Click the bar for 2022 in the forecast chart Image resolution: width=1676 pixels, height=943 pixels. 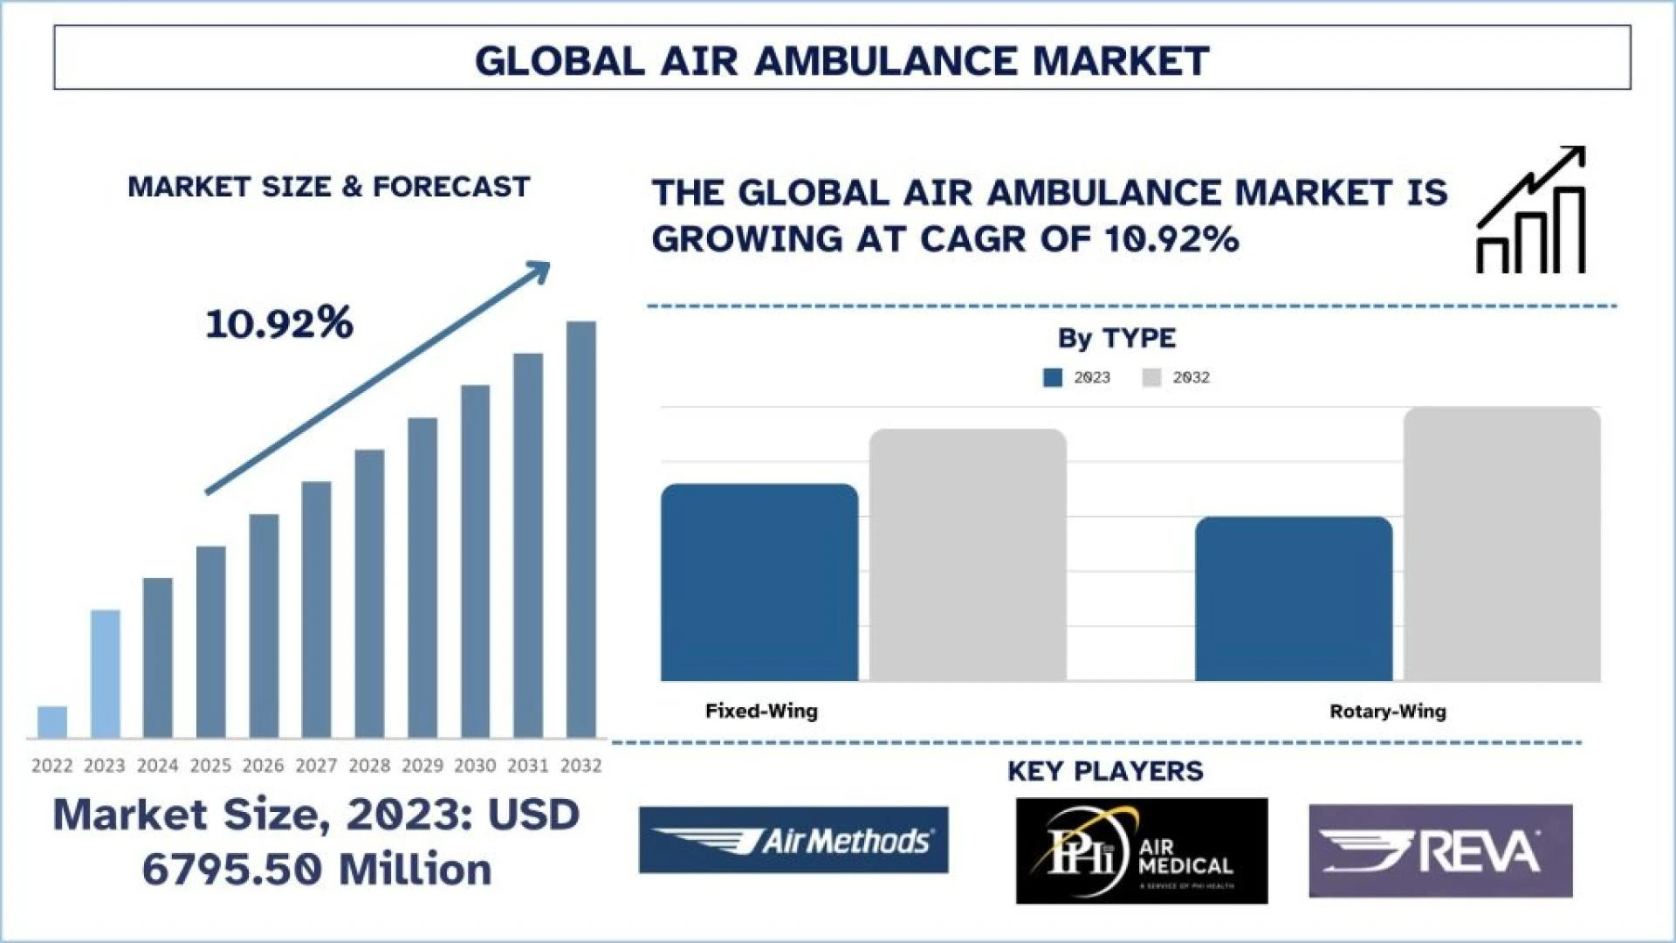click(52, 722)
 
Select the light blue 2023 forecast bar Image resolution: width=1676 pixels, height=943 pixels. click(106, 673)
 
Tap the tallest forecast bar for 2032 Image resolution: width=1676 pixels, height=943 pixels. click(581, 529)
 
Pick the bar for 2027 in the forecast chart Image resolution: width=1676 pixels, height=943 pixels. click(316, 609)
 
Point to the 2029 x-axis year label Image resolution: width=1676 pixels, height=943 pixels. click(422, 766)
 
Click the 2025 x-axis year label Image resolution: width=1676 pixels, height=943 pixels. click(210, 766)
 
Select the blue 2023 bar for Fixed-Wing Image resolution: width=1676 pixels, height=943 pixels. click(759, 582)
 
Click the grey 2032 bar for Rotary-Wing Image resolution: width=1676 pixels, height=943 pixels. click(1502, 544)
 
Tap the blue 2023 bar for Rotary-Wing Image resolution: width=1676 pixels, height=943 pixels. click(1294, 599)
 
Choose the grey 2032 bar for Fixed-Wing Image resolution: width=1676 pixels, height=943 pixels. click(968, 555)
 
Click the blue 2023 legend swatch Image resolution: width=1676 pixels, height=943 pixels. click(1053, 377)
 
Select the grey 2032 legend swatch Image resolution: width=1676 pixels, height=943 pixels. click(1151, 377)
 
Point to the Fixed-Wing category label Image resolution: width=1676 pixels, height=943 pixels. click(761, 711)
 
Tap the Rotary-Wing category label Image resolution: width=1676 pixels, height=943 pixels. click(1387, 711)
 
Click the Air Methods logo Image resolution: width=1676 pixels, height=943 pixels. click(793, 840)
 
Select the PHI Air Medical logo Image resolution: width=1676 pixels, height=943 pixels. click(1142, 850)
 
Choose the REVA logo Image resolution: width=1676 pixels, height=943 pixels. click(1440, 850)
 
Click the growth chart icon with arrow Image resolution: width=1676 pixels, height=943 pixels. click(1531, 210)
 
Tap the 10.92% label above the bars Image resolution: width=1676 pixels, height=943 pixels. click(279, 323)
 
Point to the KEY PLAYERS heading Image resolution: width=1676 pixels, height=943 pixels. click(1105, 771)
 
